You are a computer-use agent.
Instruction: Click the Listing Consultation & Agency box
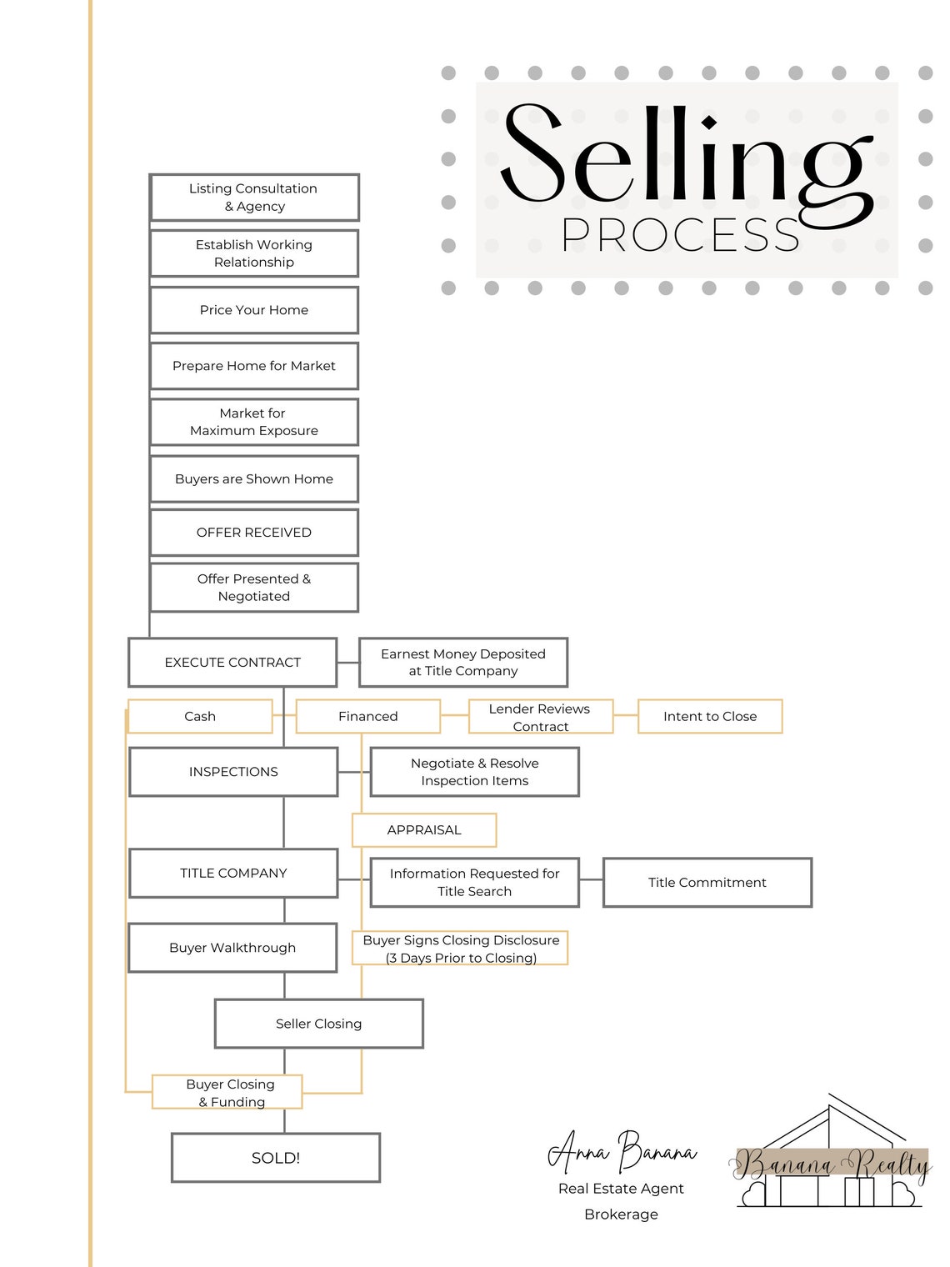coord(254,198)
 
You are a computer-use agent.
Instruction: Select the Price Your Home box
coord(254,310)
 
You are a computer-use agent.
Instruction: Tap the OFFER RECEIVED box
coord(254,533)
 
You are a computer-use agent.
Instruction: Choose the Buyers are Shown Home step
coord(254,479)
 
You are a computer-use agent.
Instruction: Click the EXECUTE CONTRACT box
coord(232,663)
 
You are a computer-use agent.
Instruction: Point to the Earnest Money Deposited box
coord(463,663)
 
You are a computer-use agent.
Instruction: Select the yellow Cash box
coord(200,717)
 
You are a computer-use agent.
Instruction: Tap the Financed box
coord(368,717)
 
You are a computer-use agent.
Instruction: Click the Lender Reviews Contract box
coord(540,717)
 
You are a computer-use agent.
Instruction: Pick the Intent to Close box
coord(710,717)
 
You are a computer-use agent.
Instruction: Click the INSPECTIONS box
coord(233,772)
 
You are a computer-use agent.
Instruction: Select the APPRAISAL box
coord(424,830)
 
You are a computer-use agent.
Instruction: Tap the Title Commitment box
coord(707,883)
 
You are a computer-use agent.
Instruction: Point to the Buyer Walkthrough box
coord(232,948)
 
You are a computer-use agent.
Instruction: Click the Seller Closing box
coord(319,1024)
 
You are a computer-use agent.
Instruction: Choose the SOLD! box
coord(276,1158)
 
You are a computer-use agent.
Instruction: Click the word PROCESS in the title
coord(680,235)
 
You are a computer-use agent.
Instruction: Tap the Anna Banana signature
coord(622,1152)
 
